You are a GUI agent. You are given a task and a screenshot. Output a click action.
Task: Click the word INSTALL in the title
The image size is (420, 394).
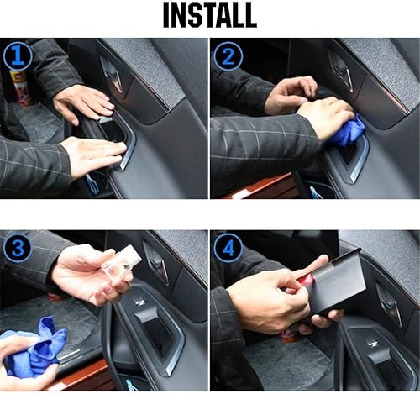pyautogui.click(x=210, y=17)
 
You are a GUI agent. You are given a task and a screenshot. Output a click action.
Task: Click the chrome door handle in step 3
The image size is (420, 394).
pyautogui.click(x=156, y=262)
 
